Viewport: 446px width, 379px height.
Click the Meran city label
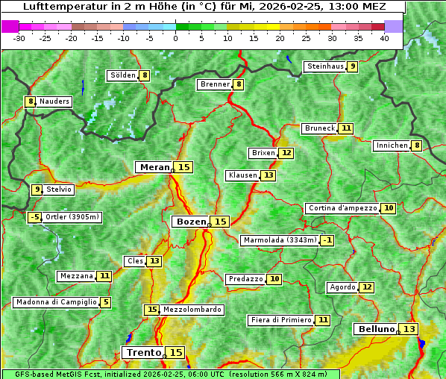point(154,167)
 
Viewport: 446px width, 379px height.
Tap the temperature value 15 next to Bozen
point(220,222)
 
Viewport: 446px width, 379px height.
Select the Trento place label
point(143,352)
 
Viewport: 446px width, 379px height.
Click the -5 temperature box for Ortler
point(34,217)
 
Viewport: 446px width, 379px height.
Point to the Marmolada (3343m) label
point(280,240)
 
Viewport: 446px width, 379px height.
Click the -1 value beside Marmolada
point(327,240)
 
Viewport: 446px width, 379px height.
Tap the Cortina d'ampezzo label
point(342,208)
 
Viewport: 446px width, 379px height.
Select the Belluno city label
point(375,329)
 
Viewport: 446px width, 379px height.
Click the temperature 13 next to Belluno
point(409,329)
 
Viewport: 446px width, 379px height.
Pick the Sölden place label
point(122,75)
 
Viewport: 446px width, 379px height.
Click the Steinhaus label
point(325,66)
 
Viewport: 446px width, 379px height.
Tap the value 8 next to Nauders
point(30,101)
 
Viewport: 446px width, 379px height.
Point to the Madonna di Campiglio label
point(56,302)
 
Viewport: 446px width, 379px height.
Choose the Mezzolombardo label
point(192,310)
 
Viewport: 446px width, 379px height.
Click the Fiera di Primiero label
point(280,320)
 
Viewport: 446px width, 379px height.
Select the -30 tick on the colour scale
point(19,37)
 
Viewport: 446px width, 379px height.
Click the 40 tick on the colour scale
point(384,37)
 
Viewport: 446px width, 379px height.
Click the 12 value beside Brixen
point(286,153)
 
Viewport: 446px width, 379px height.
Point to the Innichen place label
point(392,145)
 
